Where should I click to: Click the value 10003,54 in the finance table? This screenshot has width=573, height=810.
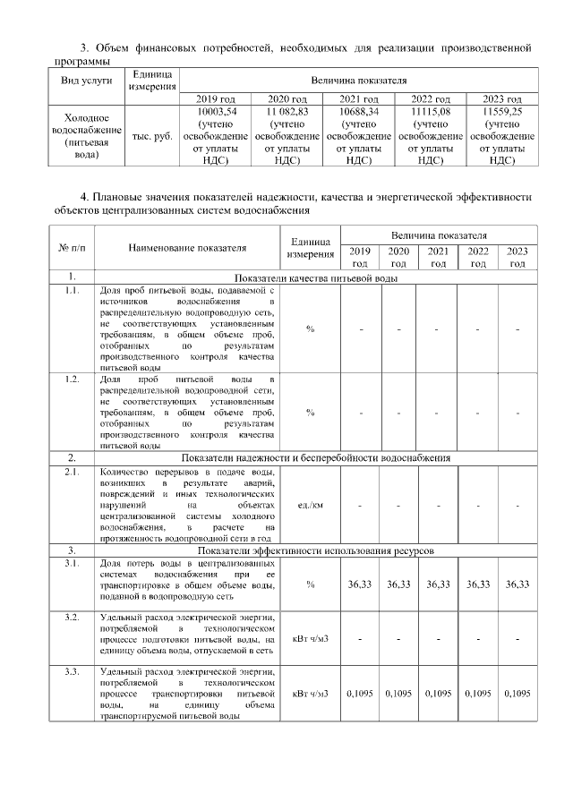coord(215,111)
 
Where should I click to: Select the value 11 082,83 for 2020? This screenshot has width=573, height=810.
coord(286,111)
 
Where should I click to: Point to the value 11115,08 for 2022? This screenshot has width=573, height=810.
coord(431,111)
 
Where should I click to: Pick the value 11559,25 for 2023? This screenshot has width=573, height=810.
coord(501,111)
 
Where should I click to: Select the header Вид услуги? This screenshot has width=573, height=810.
coord(86,80)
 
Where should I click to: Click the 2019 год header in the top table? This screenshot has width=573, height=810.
coord(215,98)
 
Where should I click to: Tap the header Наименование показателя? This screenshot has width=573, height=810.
coord(186,248)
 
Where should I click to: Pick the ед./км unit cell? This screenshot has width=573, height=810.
coord(310,506)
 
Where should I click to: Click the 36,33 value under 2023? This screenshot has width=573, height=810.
coord(517,584)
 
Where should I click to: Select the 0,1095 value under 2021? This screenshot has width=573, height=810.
coord(438,694)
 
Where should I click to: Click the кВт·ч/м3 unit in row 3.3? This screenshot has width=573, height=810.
coord(310,694)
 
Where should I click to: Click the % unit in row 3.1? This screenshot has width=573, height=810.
coord(310,584)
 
